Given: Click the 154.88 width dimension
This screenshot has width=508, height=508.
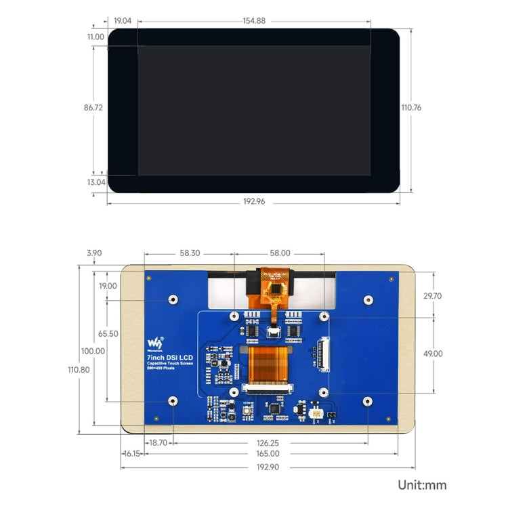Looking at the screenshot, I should coord(254,21).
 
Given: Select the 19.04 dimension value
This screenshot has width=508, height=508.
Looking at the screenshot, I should coord(123,21).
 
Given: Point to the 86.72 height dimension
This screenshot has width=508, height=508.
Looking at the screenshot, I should coord(93,107).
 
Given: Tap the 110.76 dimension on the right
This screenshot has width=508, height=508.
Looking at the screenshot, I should coord(411,107).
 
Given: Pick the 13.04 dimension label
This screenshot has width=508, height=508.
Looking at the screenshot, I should coord(96,182).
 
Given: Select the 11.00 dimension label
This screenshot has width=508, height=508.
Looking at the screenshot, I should coord(96,37).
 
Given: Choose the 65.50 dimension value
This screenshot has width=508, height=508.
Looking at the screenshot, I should coord(108,334).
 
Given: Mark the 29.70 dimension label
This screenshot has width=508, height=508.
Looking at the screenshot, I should coord(432,296).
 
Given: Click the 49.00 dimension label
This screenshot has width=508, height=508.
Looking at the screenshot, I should coord(432,353).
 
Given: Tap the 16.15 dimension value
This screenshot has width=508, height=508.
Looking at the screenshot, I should coord(131,454).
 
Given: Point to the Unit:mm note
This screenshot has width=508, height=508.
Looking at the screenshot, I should coord(423,485).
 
